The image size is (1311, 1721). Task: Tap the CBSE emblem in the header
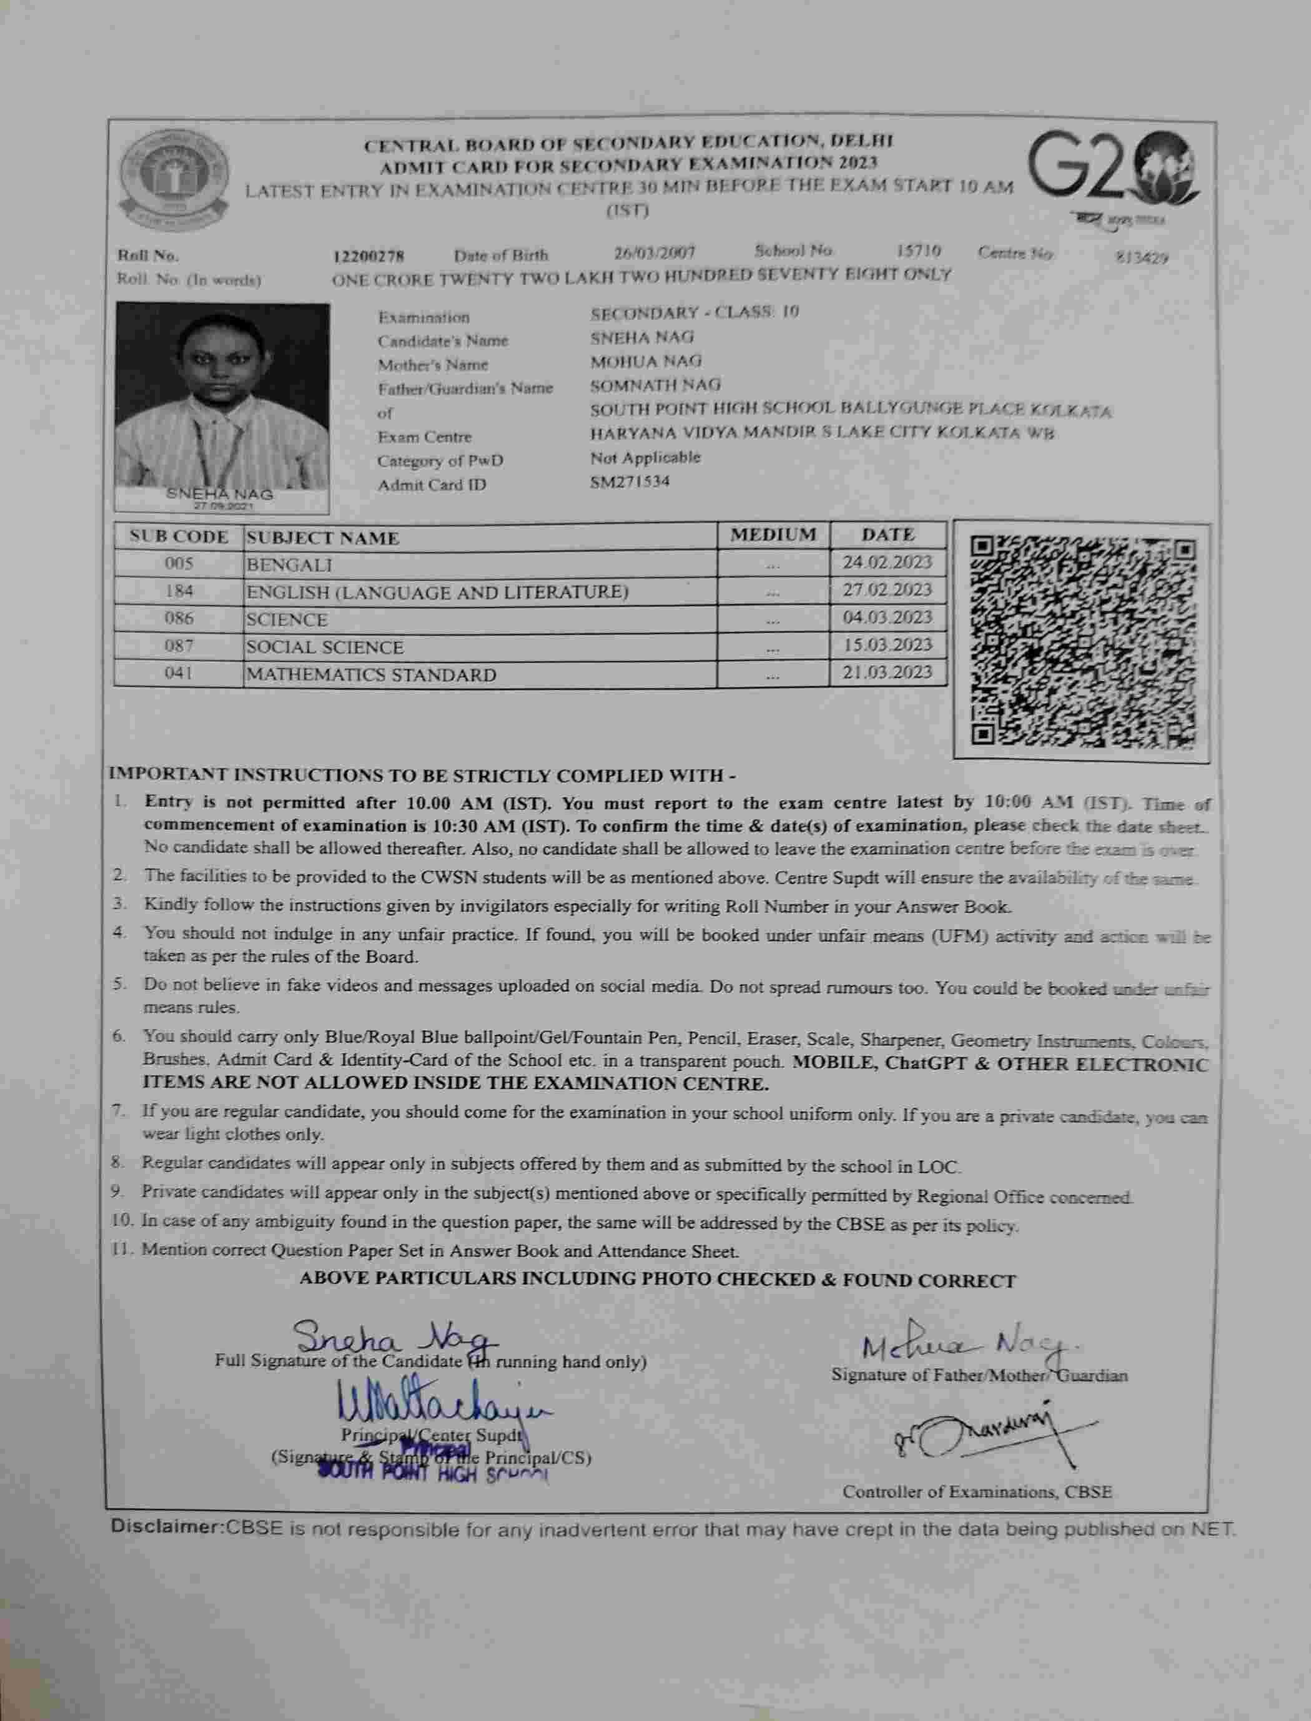[x=174, y=176]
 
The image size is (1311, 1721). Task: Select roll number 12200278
[x=369, y=256]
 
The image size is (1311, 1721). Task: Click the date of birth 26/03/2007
[x=654, y=253]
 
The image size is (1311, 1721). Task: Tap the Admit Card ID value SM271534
[x=630, y=481]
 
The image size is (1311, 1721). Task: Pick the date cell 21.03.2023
[x=888, y=673]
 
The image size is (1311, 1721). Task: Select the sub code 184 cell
[x=179, y=591]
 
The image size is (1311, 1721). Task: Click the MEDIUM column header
[x=773, y=535]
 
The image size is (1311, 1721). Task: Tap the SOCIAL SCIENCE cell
[x=325, y=648]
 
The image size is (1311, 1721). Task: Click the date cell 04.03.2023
[x=888, y=618]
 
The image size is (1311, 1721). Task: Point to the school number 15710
[x=919, y=251]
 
